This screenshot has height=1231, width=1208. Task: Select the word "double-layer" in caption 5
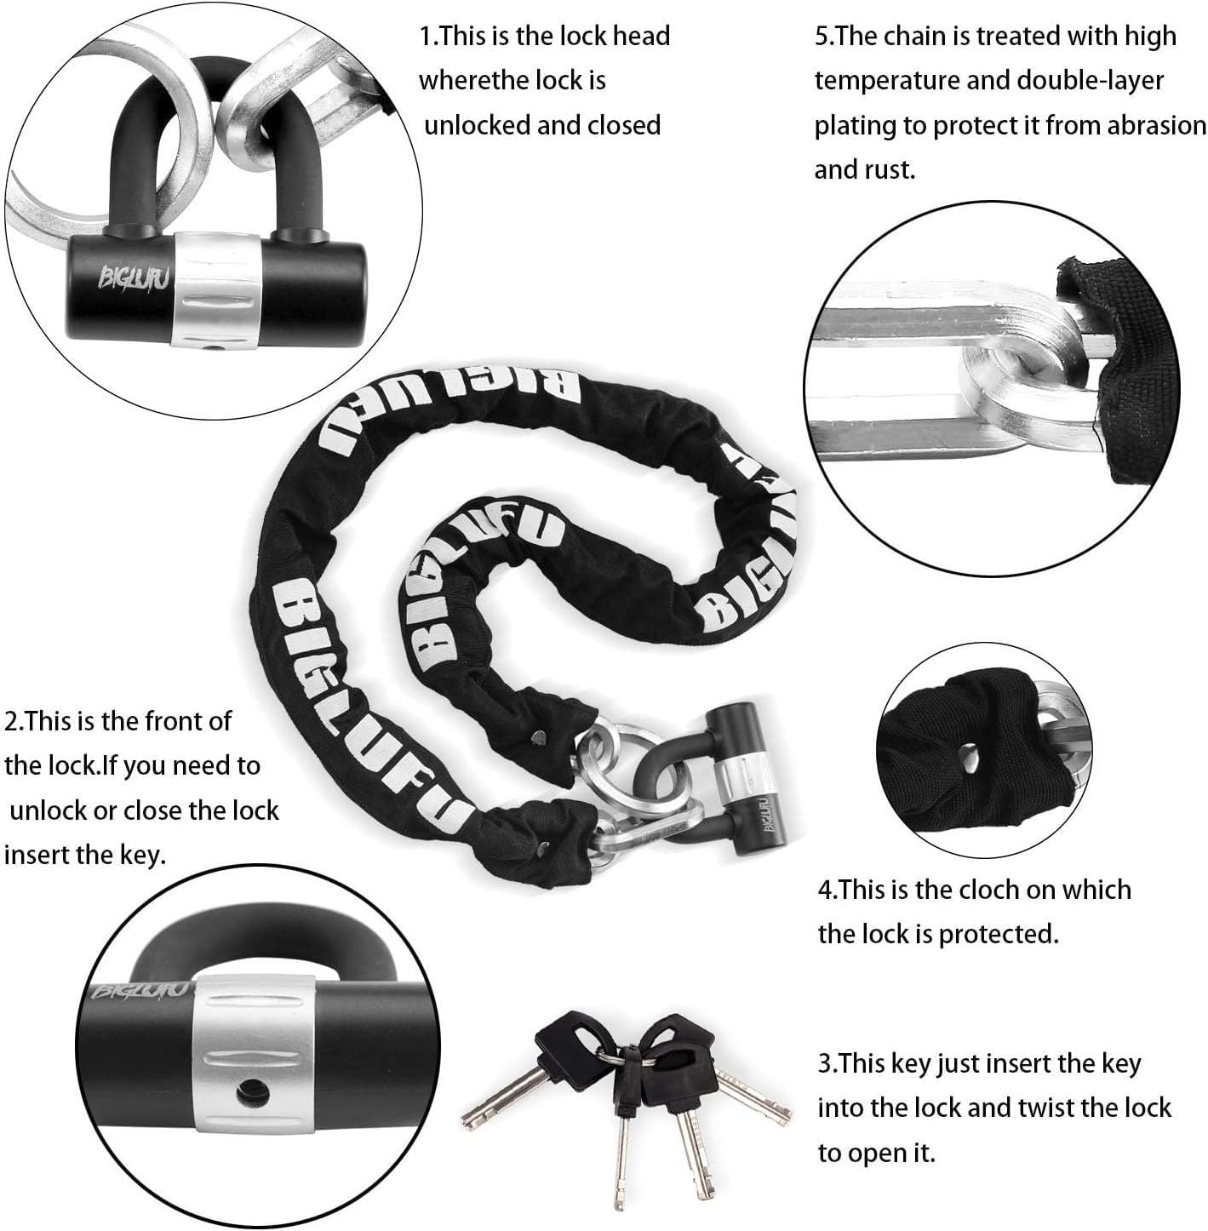click(1090, 81)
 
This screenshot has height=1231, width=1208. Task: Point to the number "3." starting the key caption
click(828, 1063)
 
